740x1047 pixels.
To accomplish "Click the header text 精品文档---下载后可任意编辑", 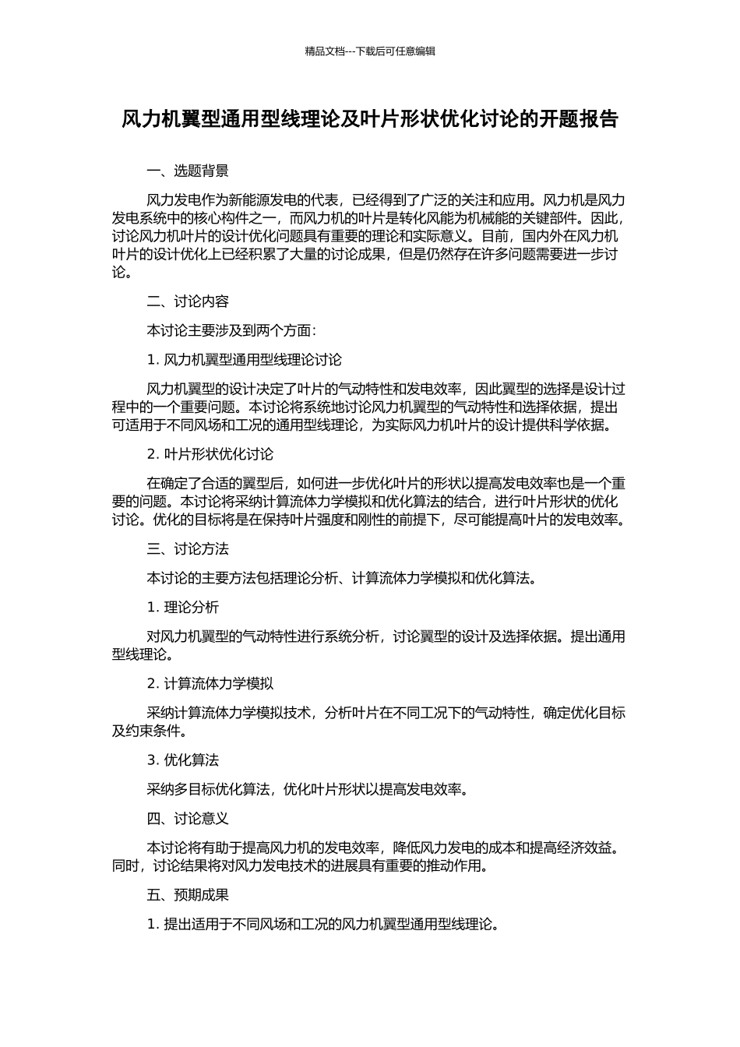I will (x=370, y=51).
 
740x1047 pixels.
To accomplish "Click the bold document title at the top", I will (x=370, y=119).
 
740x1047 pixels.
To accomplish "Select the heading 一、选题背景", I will (x=188, y=171).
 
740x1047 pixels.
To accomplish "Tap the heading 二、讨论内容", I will (x=188, y=301).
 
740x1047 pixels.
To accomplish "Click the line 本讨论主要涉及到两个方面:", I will (x=231, y=330).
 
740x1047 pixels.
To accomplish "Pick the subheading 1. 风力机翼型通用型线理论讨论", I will (x=244, y=359).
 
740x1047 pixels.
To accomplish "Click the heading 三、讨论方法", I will (x=188, y=549).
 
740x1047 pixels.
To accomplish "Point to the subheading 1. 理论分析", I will (x=182, y=607).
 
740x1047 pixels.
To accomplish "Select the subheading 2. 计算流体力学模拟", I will (x=210, y=683).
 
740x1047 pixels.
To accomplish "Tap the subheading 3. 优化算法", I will (x=182, y=760).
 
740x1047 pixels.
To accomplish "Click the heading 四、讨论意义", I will (x=188, y=819).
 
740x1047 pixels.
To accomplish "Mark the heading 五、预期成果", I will (x=188, y=895).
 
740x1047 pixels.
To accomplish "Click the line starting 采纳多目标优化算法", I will (x=308, y=789).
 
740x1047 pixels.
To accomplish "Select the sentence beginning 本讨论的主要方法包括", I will (x=341, y=578).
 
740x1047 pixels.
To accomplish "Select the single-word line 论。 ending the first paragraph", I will (x=122, y=273).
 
